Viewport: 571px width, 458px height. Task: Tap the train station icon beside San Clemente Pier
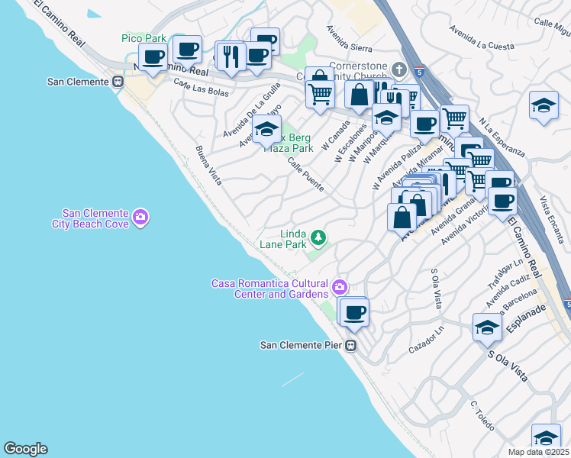(x=351, y=345)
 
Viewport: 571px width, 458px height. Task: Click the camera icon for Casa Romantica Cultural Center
(x=339, y=288)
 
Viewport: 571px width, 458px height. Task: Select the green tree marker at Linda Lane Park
(x=318, y=239)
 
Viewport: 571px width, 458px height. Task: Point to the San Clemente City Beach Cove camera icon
(x=140, y=218)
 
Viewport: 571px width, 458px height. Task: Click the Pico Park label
(x=144, y=38)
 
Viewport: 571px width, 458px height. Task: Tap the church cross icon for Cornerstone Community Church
(x=398, y=70)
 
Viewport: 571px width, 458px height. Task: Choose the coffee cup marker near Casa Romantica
(x=354, y=311)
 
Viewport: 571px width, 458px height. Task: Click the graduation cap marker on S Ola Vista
(x=487, y=327)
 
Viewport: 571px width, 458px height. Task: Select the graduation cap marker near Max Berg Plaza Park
(x=266, y=129)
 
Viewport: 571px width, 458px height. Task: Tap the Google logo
(x=25, y=449)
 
